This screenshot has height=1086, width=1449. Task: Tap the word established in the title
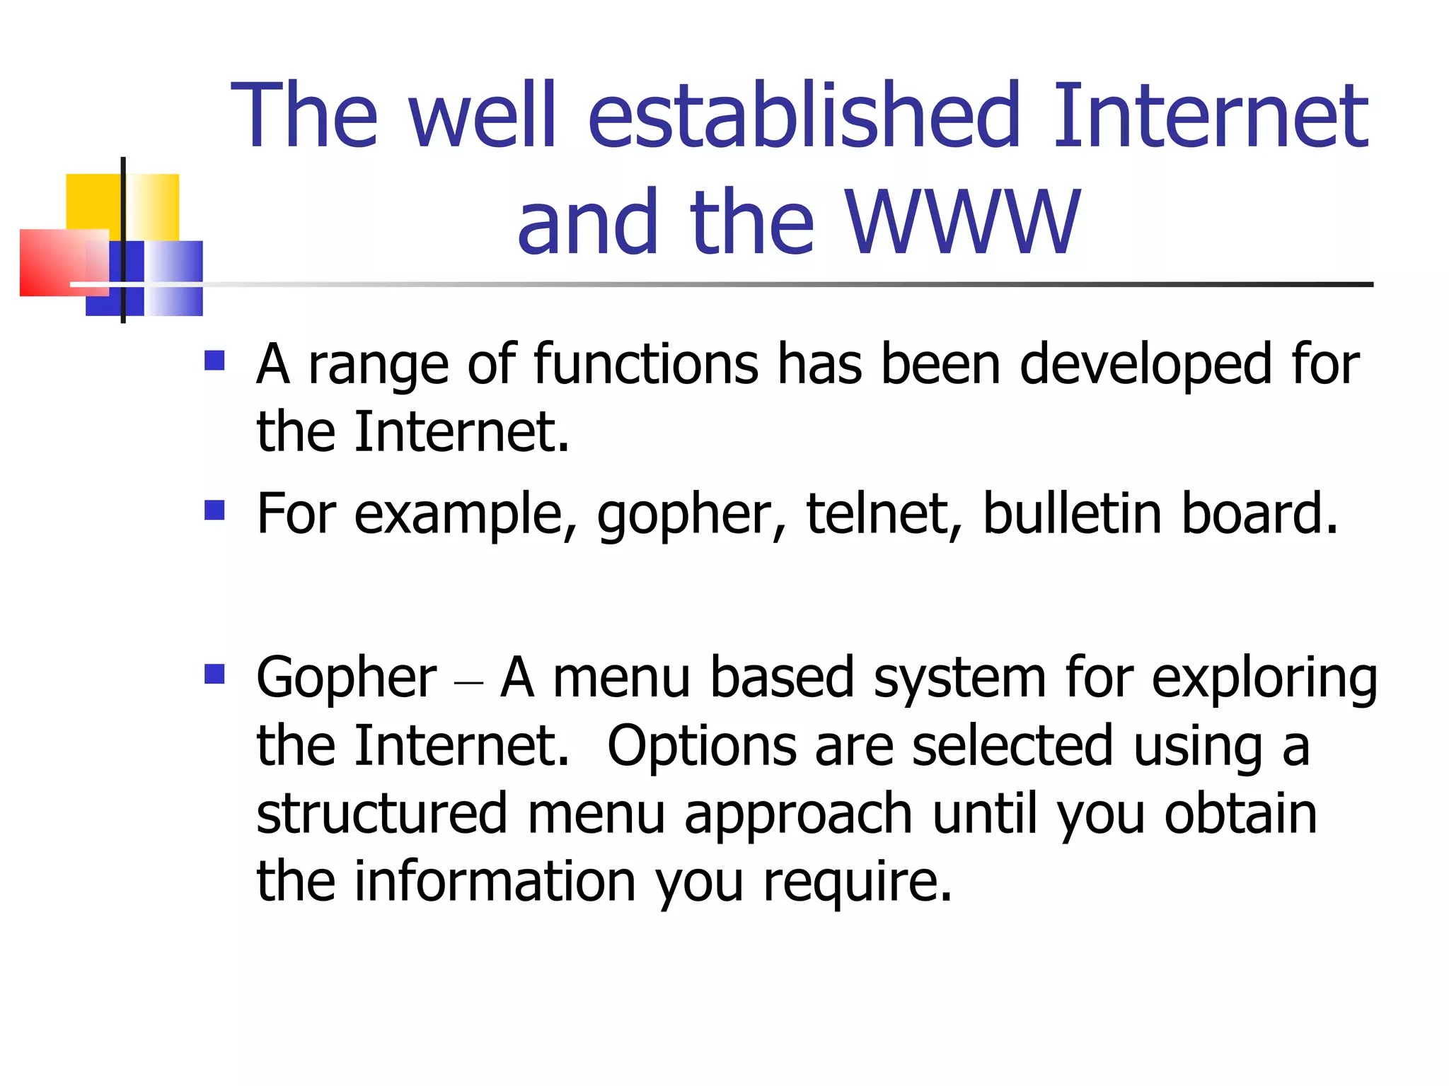click(x=804, y=117)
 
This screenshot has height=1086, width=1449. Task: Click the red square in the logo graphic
click(x=53, y=262)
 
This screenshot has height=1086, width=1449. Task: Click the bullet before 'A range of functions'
click(x=214, y=361)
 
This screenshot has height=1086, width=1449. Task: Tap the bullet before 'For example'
click(x=214, y=510)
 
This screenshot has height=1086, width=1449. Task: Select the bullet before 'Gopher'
click(x=214, y=674)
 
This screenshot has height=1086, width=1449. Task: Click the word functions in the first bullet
click(x=646, y=364)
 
